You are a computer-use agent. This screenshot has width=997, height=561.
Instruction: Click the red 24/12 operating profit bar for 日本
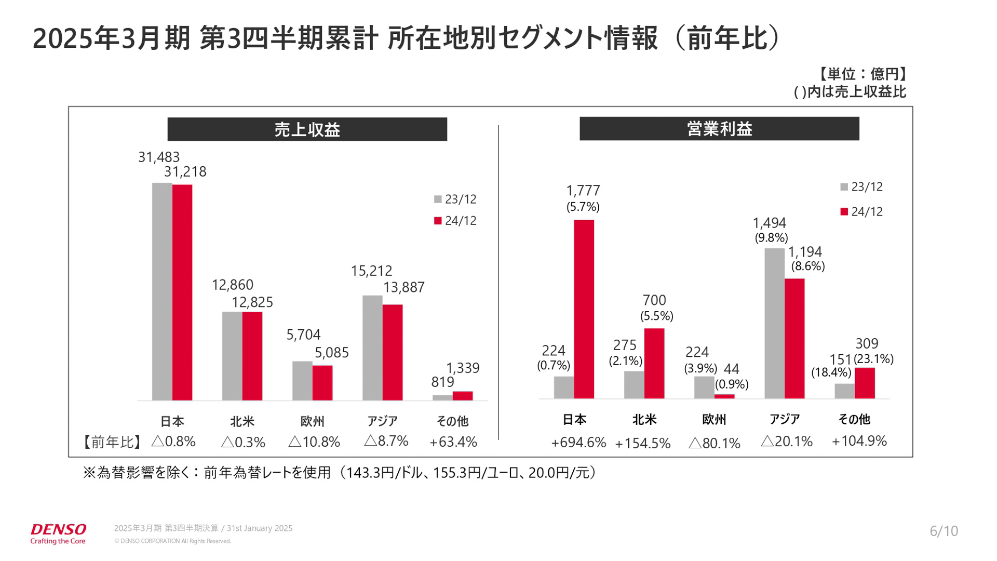tap(584, 309)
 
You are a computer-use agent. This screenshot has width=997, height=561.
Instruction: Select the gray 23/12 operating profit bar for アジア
tap(774, 323)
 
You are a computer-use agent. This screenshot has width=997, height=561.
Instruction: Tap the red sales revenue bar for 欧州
tap(322, 383)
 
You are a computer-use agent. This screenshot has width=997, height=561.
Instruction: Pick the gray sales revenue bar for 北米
tap(232, 356)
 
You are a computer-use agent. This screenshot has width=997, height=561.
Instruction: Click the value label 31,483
tap(159, 157)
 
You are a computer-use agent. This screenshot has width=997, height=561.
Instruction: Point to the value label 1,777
tap(583, 191)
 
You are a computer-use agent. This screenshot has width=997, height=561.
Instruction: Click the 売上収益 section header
tap(307, 129)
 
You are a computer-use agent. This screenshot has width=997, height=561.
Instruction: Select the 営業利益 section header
tap(719, 129)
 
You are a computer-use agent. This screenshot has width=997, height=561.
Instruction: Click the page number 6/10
tap(944, 531)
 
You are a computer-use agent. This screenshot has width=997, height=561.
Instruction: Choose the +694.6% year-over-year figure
tap(578, 443)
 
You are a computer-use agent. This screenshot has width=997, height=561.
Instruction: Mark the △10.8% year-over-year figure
tap(314, 442)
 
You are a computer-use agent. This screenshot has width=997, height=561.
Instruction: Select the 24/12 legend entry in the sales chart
tap(455, 221)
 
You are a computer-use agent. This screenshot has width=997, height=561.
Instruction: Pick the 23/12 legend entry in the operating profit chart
tap(862, 187)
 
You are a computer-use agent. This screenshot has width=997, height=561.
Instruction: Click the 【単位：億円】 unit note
tap(861, 74)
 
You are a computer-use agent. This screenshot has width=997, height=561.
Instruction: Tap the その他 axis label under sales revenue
tap(452, 421)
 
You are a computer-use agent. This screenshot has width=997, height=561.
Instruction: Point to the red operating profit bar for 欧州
tap(724, 396)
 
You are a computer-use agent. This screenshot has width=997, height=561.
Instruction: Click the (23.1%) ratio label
tap(873, 359)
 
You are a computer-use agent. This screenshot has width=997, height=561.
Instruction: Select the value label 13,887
tap(403, 287)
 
